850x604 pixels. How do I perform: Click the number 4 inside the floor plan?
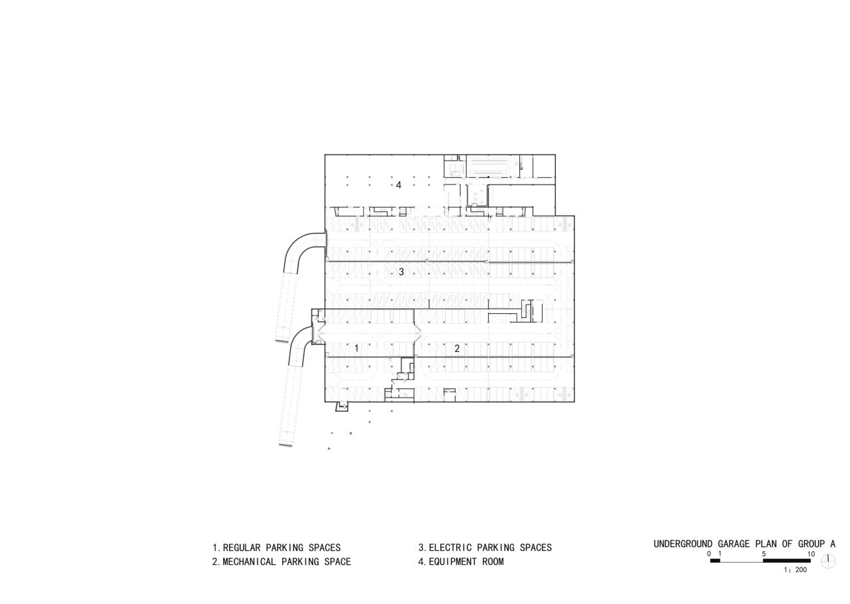click(x=398, y=185)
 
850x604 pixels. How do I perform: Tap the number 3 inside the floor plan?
click(x=401, y=271)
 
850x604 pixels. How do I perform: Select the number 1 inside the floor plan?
click(x=357, y=348)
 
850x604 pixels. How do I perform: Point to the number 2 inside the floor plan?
click(x=457, y=348)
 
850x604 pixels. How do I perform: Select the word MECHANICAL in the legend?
click(x=249, y=562)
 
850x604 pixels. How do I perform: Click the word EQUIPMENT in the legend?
click(x=453, y=562)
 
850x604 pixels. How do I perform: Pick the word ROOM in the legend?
click(x=493, y=562)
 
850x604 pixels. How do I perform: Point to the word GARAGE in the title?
click(x=734, y=544)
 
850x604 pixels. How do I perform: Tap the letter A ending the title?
click(x=833, y=544)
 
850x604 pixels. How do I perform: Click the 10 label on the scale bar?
click(x=811, y=554)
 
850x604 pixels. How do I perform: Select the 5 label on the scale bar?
click(x=764, y=554)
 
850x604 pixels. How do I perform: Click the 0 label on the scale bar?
click(x=709, y=554)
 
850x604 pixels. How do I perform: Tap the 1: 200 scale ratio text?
click(x=796, y=570)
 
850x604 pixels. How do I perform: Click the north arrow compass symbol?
click(x=828, y=561)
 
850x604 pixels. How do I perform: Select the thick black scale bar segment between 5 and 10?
click(x=787, y=561)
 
